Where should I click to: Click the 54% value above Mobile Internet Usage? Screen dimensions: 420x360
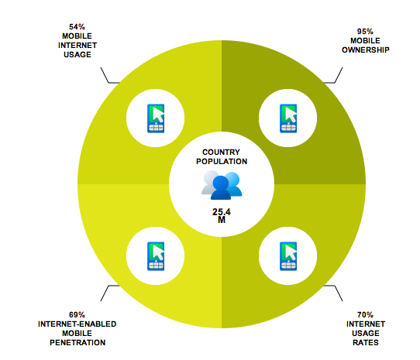coord(77,27)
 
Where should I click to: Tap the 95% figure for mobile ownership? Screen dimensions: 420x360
coord(365,32)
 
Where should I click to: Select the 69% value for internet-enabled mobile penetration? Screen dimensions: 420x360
coord(77,314)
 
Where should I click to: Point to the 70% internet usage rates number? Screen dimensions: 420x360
coord(365,314)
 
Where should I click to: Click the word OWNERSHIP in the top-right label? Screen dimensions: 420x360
coord(366,50)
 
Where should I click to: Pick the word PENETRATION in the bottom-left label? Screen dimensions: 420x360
coord(77,343)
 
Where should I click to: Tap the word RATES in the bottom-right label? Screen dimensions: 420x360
coord(366,343)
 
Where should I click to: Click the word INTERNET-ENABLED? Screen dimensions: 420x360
coord(77,324)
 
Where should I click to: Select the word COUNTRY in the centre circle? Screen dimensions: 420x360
coord(222,152)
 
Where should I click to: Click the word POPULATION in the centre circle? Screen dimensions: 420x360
coord(222,161)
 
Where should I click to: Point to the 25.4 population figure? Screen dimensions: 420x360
coord(222,212)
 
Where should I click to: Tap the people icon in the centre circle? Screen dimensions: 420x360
coord(222,185)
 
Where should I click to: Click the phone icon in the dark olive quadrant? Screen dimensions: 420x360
coord(288,118)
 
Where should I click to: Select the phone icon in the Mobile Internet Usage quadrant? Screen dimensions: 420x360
coord(156,118)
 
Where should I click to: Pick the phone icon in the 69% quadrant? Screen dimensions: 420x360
coord(156,256)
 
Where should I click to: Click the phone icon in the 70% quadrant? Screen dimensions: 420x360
coord(288,256)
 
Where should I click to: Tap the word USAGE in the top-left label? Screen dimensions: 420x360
coord(77,55)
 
